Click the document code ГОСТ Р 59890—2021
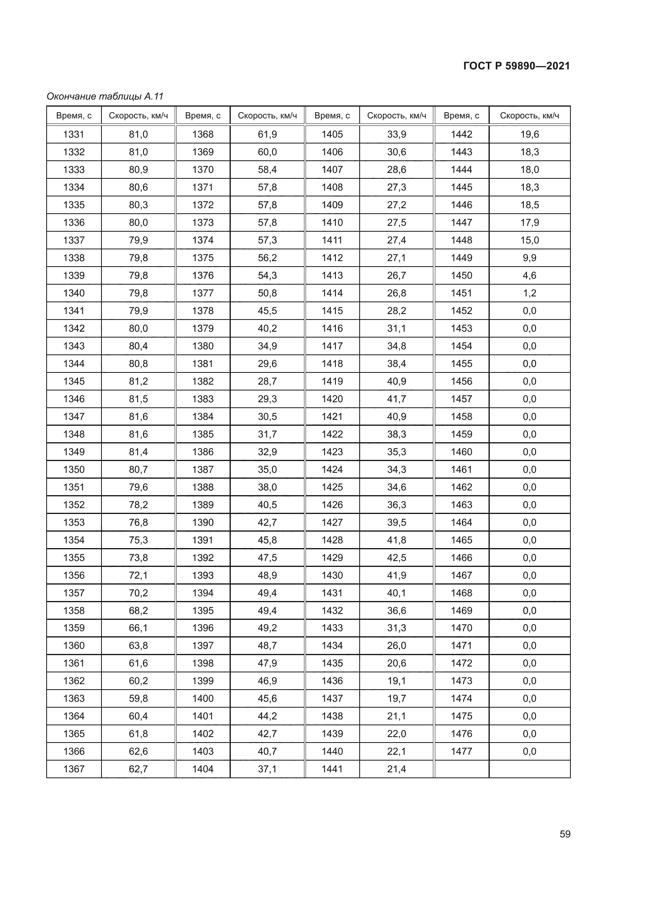point(516,66)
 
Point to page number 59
point(565,834)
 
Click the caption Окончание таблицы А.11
point(105,96)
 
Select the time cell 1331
point(74,134)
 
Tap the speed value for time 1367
point(138,769)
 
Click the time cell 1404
point(203,769)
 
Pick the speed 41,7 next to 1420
point(396,399)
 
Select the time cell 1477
point(461,751)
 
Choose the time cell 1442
point(461,134)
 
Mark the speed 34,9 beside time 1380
point(267,346)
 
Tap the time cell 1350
point(74,469)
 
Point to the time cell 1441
point(332,769)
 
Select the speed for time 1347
point(138,417)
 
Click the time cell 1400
point(203,698)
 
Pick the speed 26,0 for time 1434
point(396,645)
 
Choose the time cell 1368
point(203,134)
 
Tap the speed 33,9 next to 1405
point(396,134)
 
